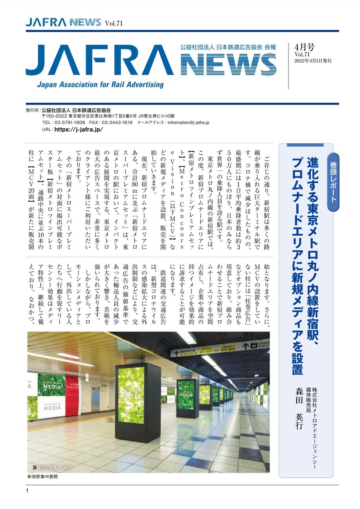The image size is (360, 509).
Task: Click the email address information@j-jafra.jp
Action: (200, 123)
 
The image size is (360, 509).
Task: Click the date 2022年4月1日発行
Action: (313, 61)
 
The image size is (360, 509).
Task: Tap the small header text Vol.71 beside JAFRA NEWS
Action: (113, 23)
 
